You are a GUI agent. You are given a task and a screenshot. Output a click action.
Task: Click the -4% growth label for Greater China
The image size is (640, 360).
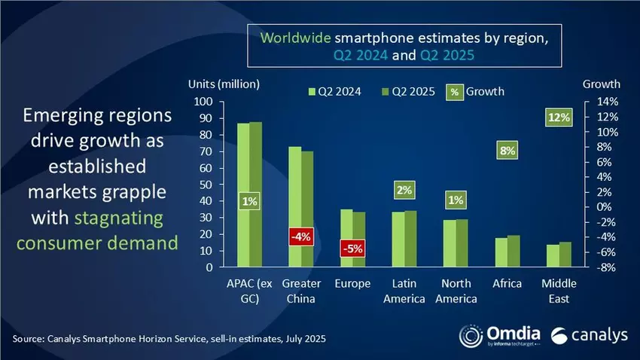click(x=301, y=237)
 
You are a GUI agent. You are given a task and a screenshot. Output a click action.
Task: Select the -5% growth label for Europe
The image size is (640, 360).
click(x=351, y=247)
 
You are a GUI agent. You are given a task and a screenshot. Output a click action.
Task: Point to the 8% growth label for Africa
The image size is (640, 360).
click(x=507, y=151)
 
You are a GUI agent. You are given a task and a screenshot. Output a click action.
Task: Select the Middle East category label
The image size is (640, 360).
click(x=558, y=291)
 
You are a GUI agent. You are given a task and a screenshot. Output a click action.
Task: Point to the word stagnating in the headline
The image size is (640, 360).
click(x=120, y=218)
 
